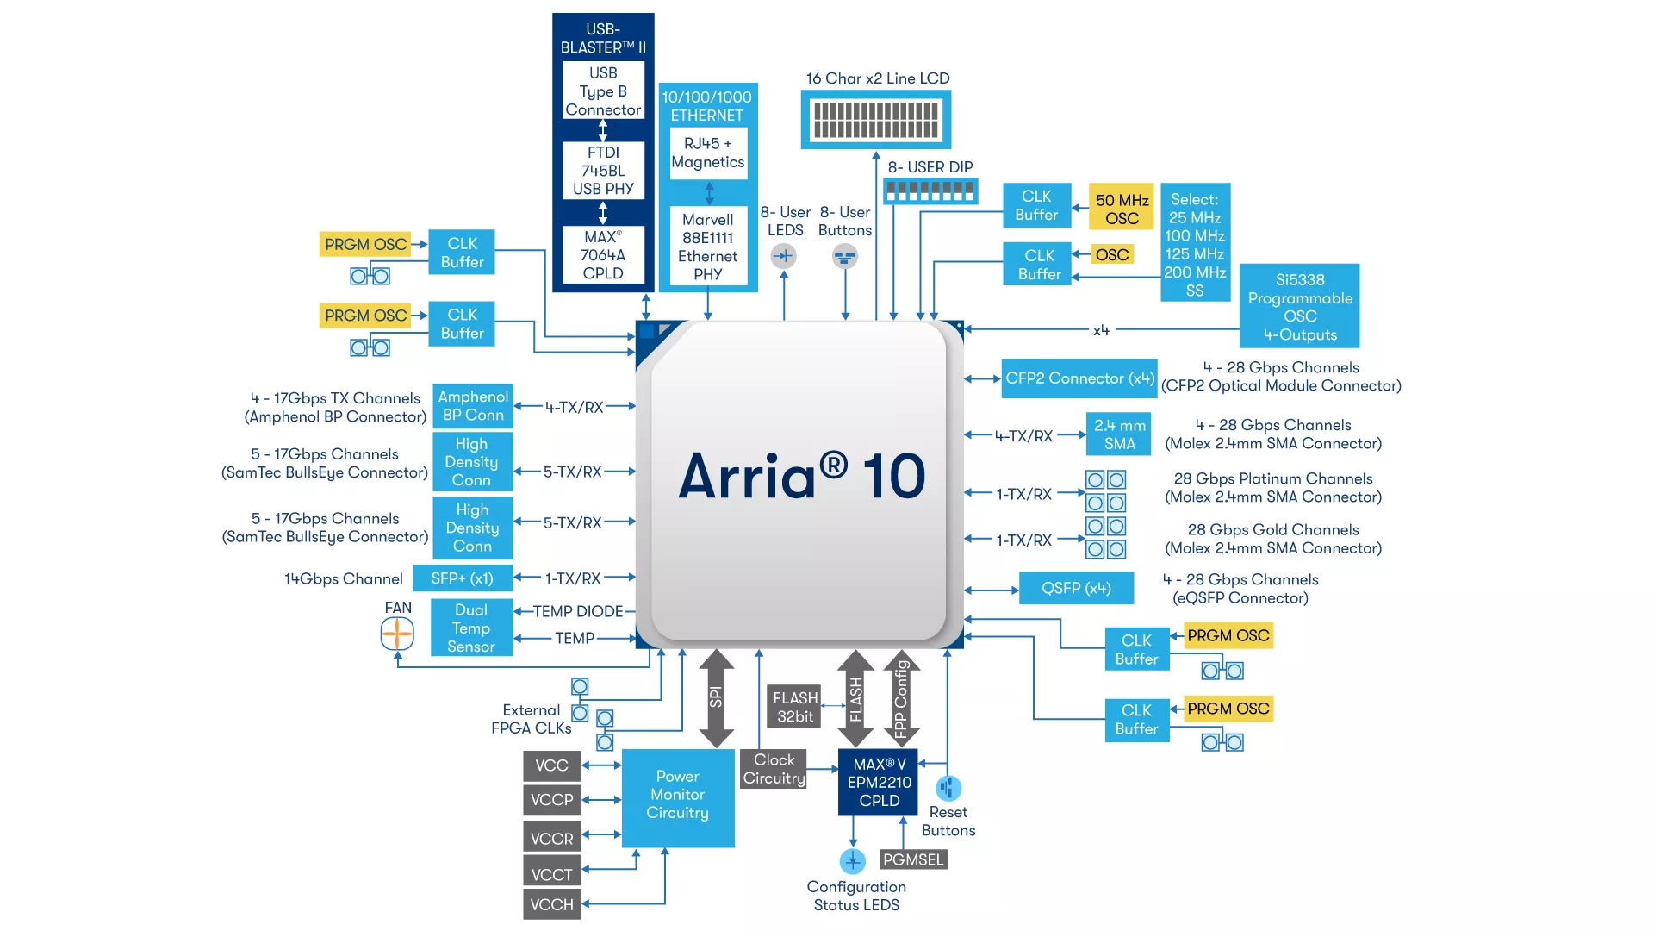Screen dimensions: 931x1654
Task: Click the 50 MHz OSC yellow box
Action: coord(1122,207)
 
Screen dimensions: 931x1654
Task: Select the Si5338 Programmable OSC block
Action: coord(1299,306)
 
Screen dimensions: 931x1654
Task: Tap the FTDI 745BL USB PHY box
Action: coord(603,171)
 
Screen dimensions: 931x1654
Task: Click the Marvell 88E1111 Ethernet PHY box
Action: coord(707,247)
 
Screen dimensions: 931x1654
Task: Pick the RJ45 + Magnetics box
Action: coord(707,153)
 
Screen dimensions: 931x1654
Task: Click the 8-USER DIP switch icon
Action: coord(930,191)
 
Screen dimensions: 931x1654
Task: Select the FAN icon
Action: coord(397,635)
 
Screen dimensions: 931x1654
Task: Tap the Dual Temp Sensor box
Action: coord(471,628)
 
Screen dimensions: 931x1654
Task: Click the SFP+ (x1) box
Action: coord(462,578)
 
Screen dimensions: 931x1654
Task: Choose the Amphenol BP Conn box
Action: coord(473,406)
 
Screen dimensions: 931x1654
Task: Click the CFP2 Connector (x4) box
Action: coord(1079,378)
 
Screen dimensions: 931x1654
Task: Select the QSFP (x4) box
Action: coord(1076,588)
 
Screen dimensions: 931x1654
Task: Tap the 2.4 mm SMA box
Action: coord(1119,434)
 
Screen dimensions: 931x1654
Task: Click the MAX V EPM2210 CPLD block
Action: coord(879,782)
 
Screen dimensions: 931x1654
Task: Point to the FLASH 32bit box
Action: coord(794,707)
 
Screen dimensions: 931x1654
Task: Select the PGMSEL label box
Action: coord(913,859)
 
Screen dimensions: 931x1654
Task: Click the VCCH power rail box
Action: coord(551,904)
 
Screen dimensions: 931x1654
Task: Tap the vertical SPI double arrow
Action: coord(716,697)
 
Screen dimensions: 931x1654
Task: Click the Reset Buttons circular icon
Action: coord(948,788)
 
